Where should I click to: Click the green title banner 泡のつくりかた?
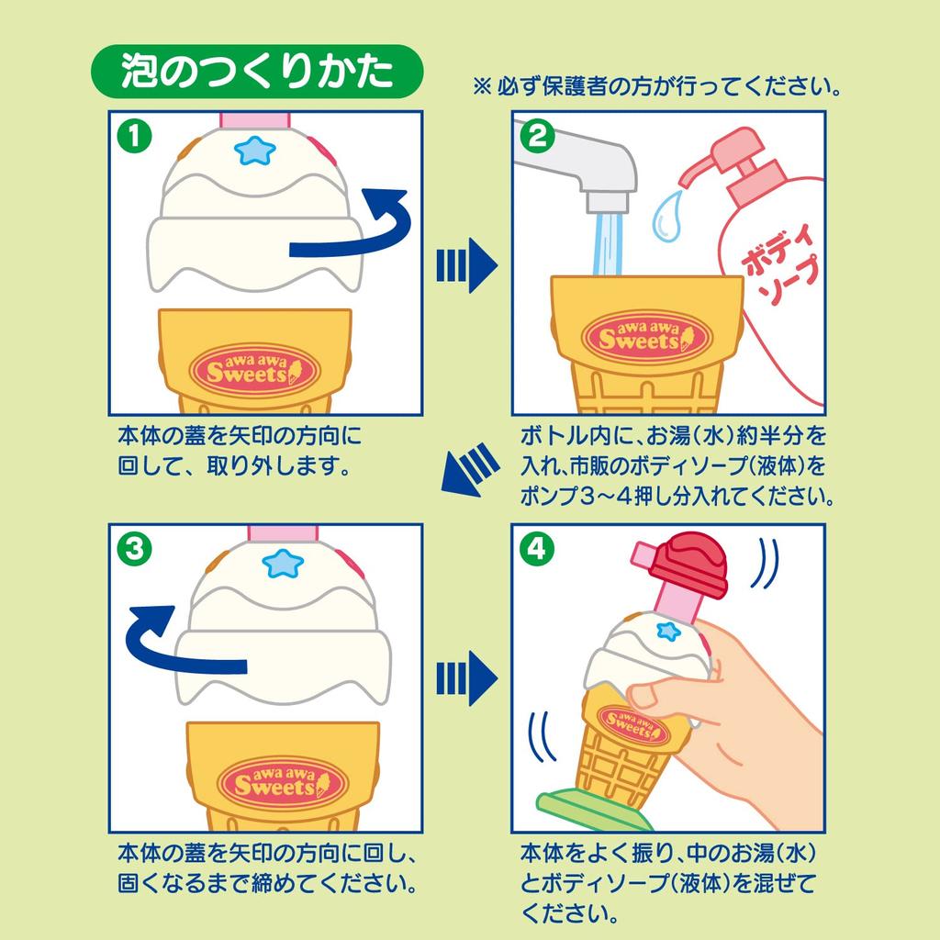(x=256, y=73)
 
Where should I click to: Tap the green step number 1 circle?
(x=134, y=137)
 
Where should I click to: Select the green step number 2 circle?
(x=538, y=137)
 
